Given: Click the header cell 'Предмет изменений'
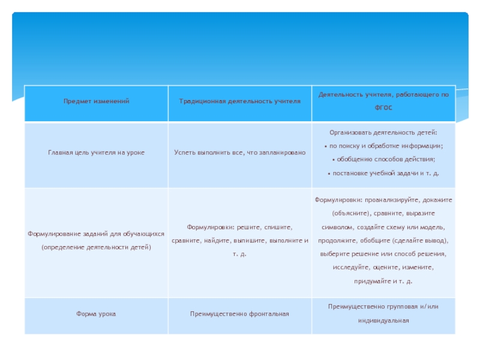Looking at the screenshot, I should [96, 101].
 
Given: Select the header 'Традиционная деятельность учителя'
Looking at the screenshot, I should [239, 101].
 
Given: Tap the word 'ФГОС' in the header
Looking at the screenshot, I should [383, 109].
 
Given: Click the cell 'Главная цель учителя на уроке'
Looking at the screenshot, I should [96, 153].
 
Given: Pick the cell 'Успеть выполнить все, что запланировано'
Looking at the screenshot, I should [239, 153].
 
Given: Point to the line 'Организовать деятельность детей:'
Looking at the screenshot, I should [383, 132].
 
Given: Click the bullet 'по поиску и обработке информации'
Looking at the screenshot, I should [385, 146].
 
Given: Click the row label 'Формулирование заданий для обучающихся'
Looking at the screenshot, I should [96, 234].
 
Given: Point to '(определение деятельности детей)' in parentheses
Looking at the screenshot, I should [96, 247].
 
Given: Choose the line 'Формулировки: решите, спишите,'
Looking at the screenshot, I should [239, 227].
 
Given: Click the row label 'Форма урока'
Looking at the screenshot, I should [96, 314].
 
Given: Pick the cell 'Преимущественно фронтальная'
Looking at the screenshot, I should [239, 314].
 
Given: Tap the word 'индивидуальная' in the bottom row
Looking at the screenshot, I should [383, 320].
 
